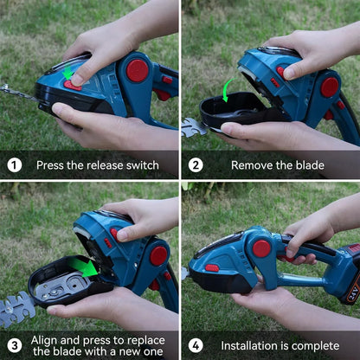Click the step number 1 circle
click(x=15, y=164)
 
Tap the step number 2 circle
click(x=196, y=164)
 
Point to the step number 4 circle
click(x=196, y=345)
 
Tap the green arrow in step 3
click(x=85, y=267)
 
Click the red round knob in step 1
click(x=137, y=70)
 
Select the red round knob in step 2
click(x=329, y=87)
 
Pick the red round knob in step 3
click(x=157, y=255)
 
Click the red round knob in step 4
click(x=261, y=249)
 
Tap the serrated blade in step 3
click(x=17, y=307)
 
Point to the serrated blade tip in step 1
click(x=10, y=89)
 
